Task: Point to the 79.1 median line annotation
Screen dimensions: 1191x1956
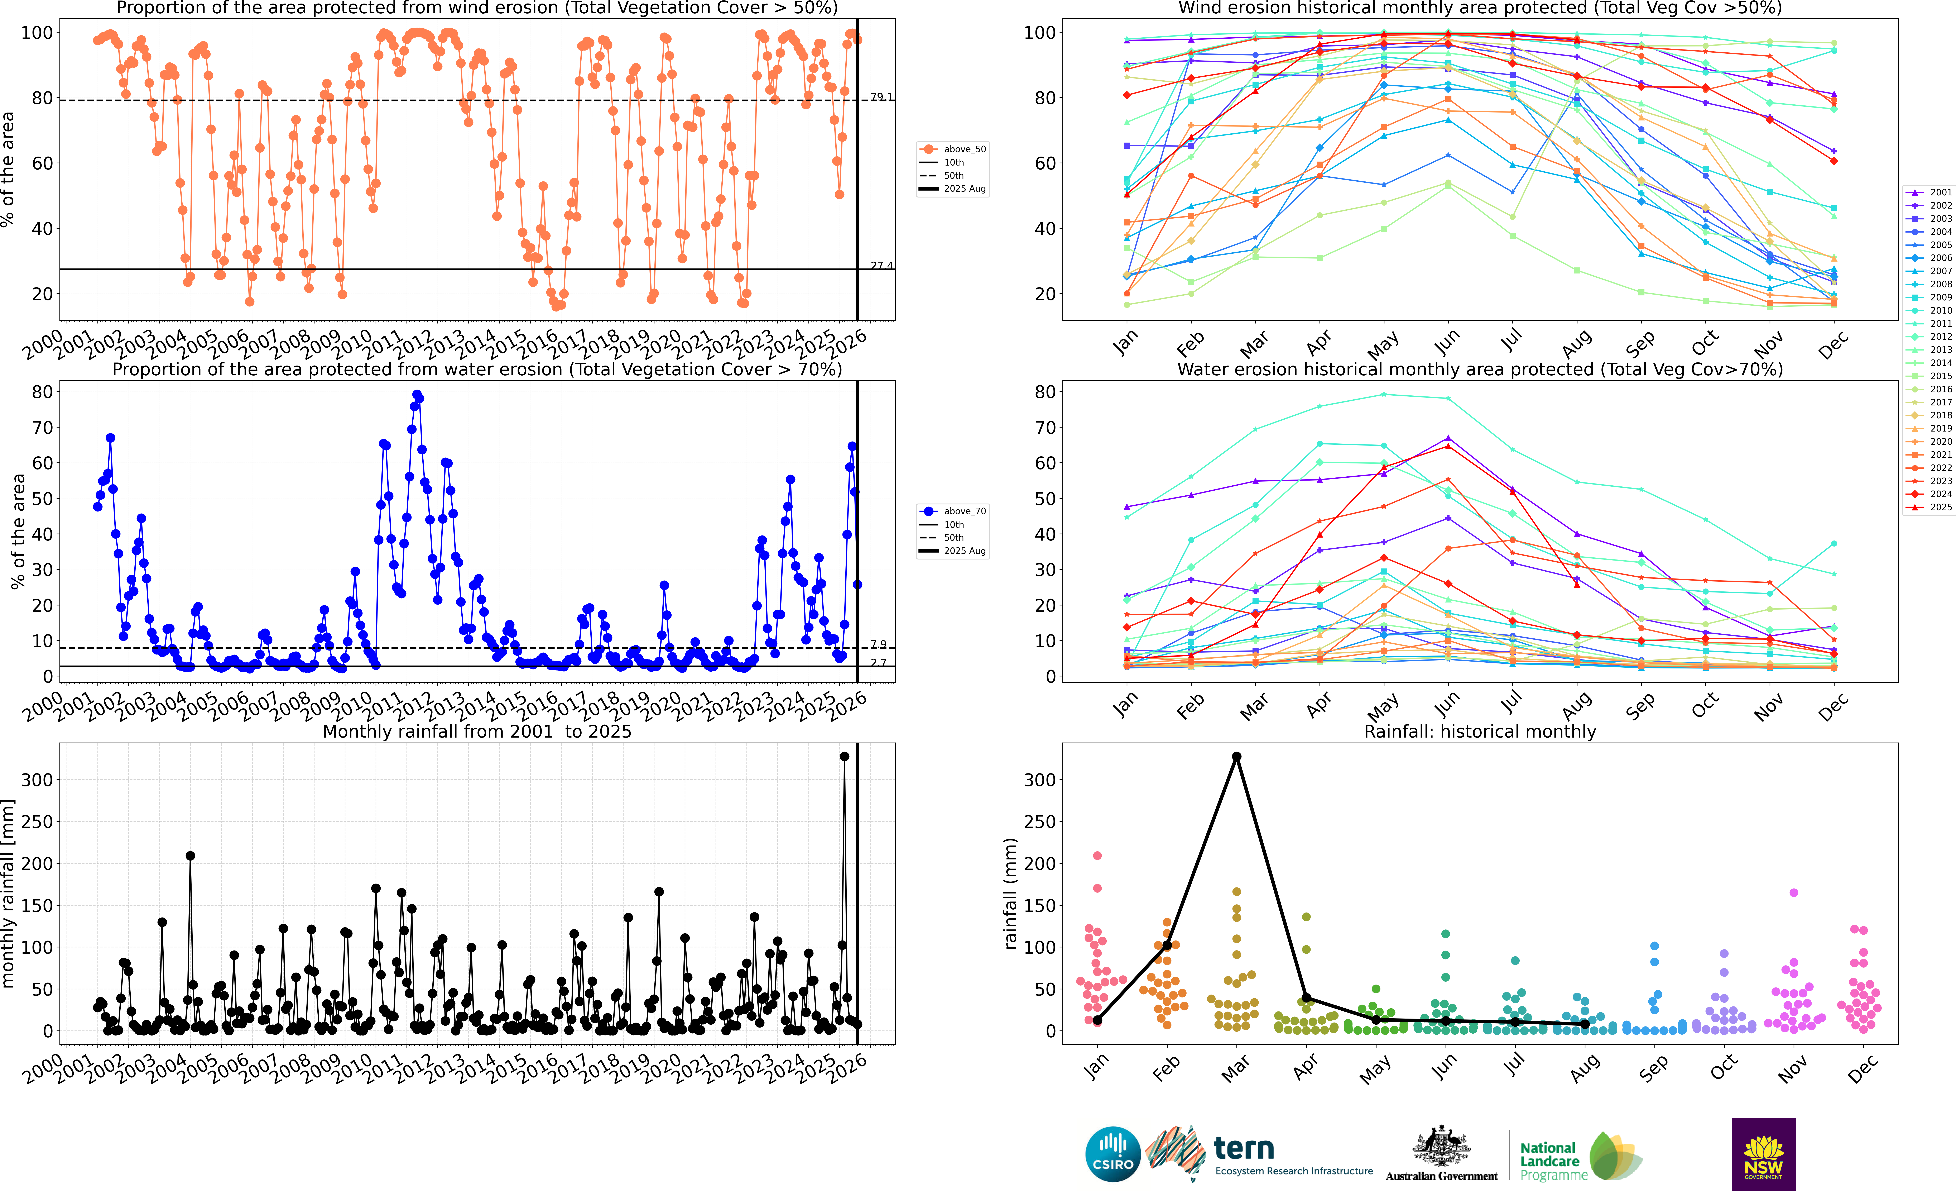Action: tap(881, 97)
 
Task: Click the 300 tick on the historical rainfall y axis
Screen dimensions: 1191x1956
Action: tap(1040, 780)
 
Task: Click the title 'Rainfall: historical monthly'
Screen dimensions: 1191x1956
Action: tap(1480, 731)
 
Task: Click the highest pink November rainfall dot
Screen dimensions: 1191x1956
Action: tap(1793, 892)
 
